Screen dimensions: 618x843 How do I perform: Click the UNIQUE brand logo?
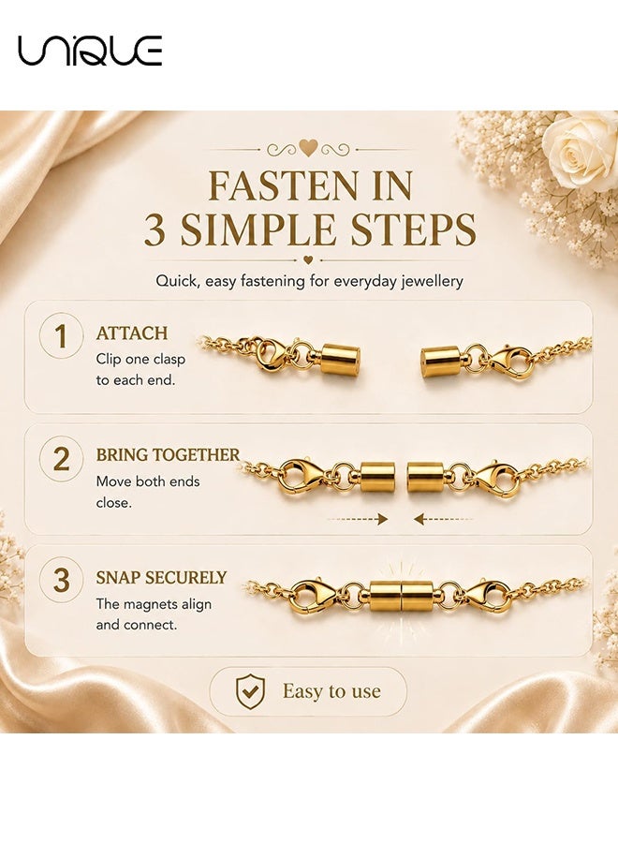coord(90,51)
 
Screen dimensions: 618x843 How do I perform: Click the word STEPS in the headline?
coord(423,230)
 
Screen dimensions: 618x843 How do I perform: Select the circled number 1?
coord(61,336)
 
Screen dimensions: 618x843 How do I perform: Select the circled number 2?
coord(61,459)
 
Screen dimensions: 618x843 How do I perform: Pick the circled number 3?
coord(61,580)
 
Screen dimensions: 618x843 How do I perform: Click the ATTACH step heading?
coord(132,333)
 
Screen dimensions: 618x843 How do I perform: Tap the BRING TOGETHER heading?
coord(168,455)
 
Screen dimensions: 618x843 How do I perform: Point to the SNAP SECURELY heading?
coord(161,577)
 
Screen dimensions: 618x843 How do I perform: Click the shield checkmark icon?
coord(250,691)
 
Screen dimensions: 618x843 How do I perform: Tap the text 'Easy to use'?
coord(331,691)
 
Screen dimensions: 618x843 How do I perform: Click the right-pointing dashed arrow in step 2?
coord(358,519)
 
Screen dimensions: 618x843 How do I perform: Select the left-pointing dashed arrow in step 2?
coord(444,519)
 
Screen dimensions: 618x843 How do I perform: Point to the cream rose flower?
coord(580,150)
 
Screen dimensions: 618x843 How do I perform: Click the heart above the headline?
coord(308,148)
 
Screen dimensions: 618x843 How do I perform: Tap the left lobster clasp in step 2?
coord(302,477)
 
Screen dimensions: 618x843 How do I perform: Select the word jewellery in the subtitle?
coord(432,281)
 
